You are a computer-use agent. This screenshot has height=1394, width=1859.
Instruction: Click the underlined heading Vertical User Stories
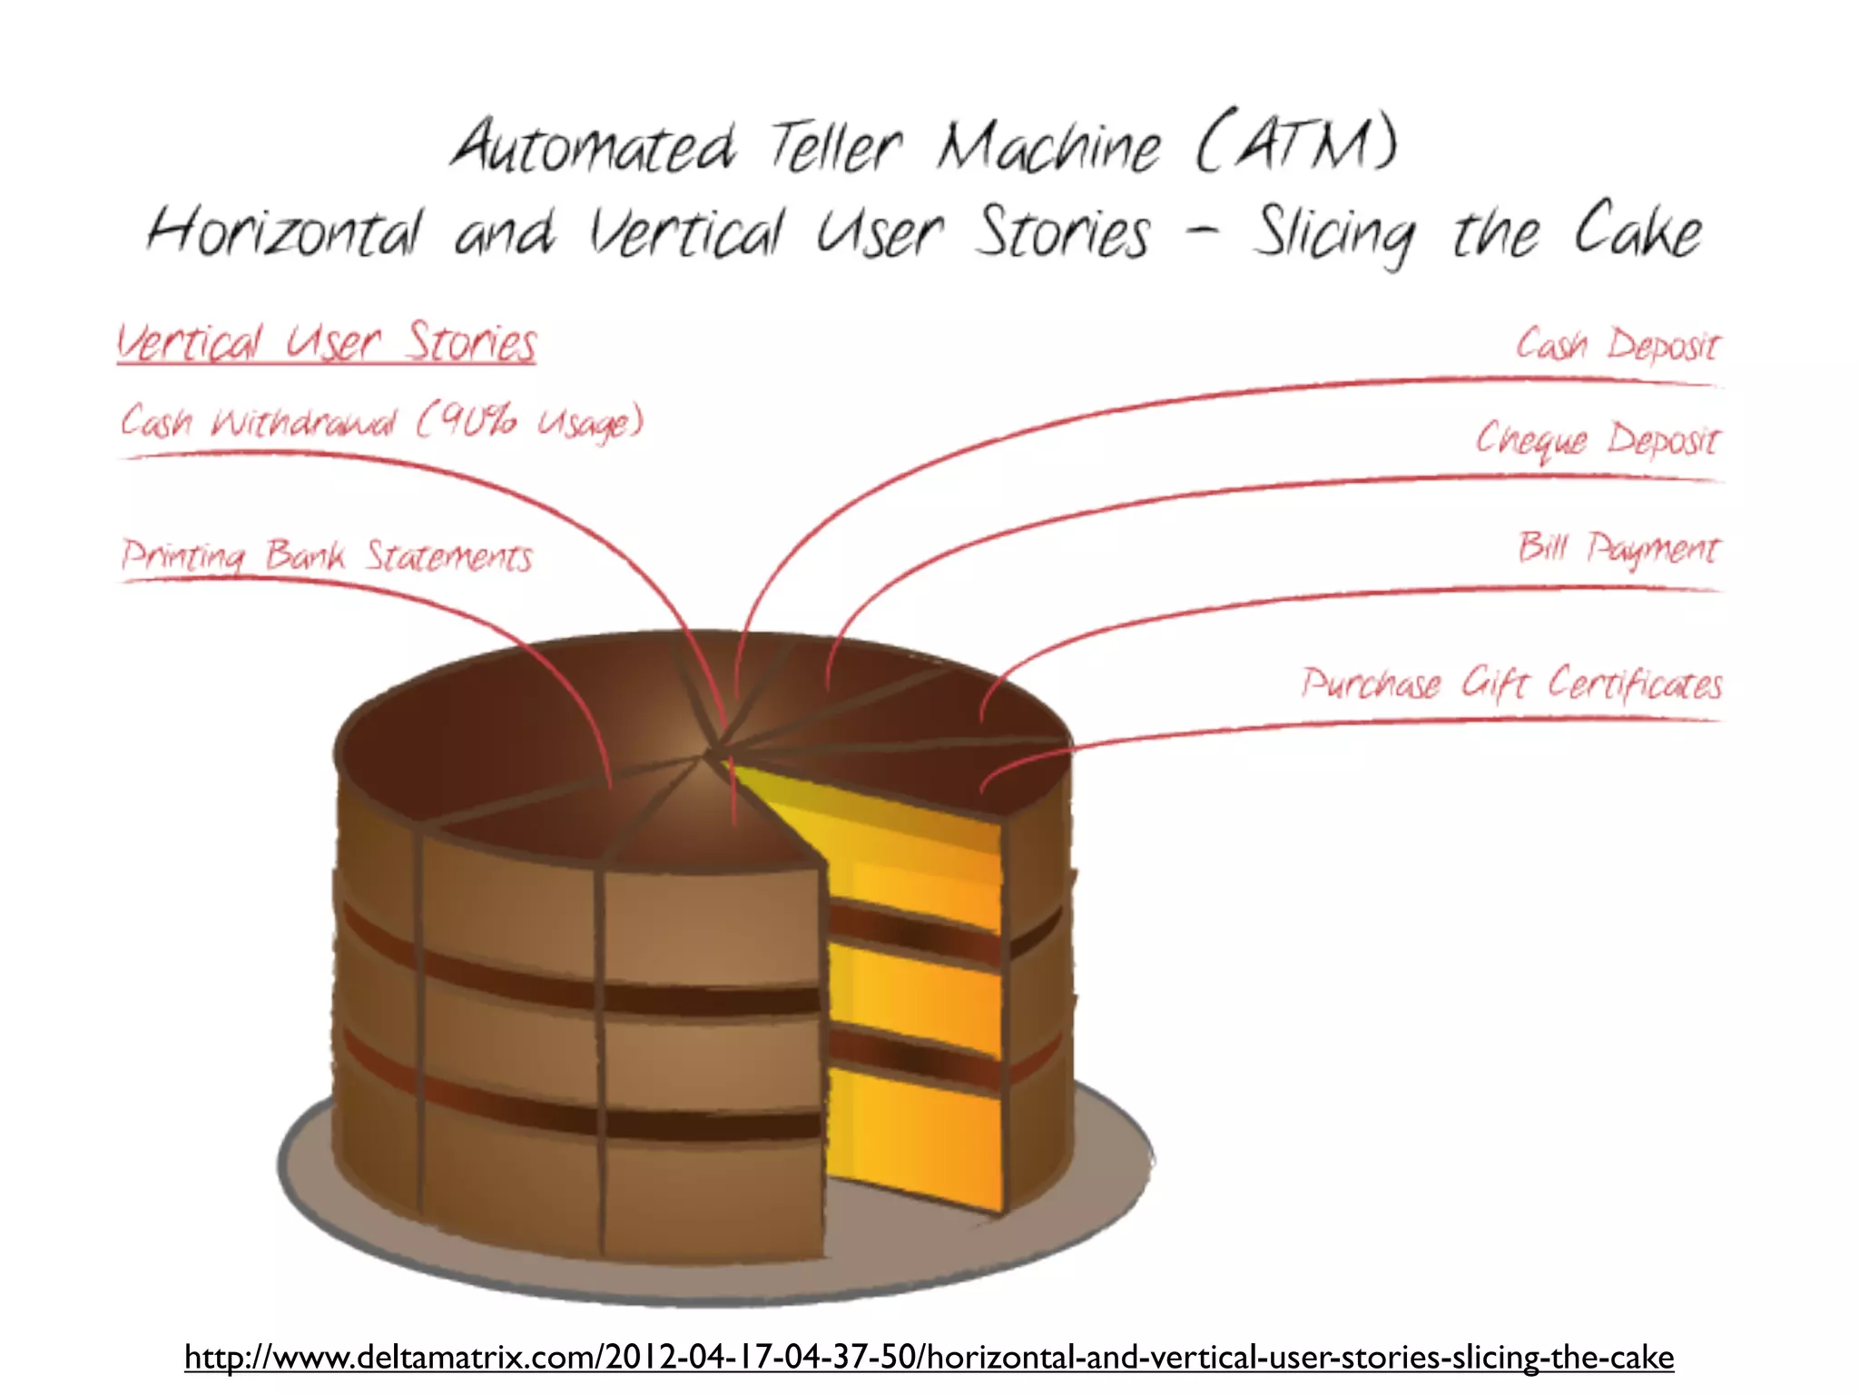(327, 344)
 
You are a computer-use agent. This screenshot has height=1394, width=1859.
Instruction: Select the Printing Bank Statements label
(327, 555)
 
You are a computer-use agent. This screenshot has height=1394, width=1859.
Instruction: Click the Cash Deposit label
(1617, 346)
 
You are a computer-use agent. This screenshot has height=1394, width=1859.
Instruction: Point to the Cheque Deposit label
(1597, 440)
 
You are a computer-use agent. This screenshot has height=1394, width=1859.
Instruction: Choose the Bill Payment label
(1618, 548)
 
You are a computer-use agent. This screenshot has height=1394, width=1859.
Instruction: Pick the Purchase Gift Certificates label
(1511, 683)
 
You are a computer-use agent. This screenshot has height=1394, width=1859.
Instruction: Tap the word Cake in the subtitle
(1637, 231)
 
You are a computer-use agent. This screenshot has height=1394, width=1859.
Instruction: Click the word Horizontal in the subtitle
(284, 231)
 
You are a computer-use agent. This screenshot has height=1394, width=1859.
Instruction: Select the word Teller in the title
(836, 147)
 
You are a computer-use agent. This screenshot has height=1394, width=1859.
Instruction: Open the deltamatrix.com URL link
(929, 1357)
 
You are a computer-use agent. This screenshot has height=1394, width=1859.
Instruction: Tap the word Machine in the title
(1048, 147)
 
